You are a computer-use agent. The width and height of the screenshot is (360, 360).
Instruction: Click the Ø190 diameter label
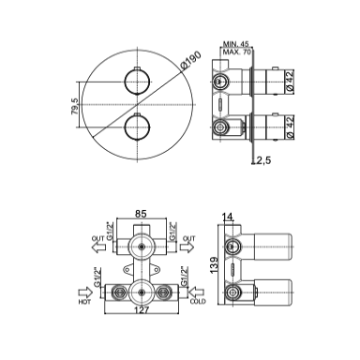(191, 61)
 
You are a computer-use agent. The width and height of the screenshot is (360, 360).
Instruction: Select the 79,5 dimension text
(75, 106)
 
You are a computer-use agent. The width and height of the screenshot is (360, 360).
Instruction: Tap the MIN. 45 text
(236, 44)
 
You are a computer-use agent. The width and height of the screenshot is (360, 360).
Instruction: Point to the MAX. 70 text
(236, 52)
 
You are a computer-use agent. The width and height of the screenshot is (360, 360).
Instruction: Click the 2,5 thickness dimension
(263, 160)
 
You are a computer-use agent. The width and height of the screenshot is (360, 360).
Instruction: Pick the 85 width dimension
(141, 214)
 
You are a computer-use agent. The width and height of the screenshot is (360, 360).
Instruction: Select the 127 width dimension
(142, 309)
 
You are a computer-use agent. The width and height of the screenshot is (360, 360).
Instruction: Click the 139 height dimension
(214, 265)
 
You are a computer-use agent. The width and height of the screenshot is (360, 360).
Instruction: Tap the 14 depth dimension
(228, 217)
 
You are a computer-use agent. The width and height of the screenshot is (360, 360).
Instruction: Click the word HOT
(84, 302)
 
